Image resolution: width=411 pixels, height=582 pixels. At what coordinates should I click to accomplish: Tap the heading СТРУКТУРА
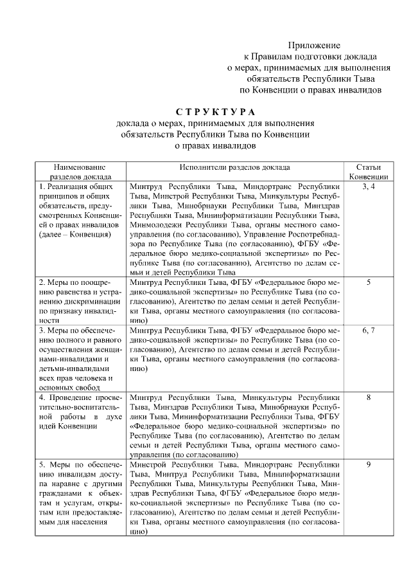coord(214,113)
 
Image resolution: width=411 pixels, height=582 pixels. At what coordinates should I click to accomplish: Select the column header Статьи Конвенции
coord(368,171)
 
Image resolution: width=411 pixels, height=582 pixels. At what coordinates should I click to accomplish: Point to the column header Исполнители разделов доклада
coord(234,167)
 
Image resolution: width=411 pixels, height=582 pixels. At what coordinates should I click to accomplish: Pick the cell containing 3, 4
coord(368,186)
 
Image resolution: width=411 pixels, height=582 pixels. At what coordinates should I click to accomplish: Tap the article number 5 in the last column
coord(368,282)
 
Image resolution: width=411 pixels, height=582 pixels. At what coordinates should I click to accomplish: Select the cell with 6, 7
coord(368,330)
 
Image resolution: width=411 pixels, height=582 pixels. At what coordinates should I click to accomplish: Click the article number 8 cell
coord(368,398)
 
